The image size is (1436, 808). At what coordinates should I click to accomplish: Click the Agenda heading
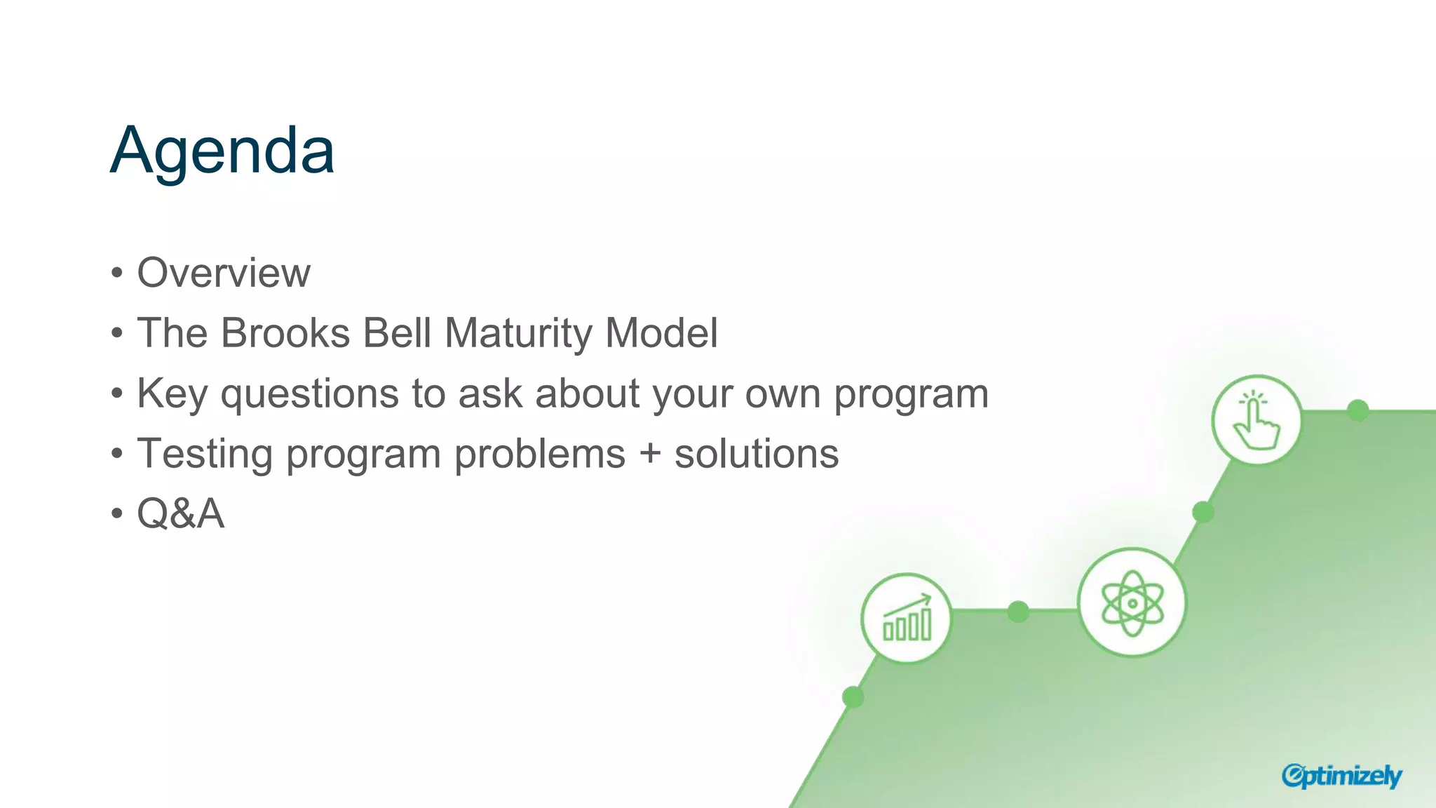222,150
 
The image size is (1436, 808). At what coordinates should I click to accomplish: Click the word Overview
223,273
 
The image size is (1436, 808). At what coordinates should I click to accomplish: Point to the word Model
661,332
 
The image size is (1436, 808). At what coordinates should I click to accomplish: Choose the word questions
309,395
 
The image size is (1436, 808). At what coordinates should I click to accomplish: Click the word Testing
204,454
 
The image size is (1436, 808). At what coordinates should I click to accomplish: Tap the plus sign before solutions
650,454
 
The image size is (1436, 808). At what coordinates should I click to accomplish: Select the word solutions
757,454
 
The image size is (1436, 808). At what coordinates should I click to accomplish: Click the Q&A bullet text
180,514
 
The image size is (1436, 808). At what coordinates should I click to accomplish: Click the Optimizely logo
1341,776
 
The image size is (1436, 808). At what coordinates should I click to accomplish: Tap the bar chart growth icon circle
907,619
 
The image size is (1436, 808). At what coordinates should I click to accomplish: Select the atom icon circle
1132,602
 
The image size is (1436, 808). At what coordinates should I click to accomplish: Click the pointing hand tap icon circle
1256,420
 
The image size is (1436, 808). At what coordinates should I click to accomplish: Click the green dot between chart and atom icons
1018,612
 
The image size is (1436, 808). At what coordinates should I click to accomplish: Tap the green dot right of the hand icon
1358,410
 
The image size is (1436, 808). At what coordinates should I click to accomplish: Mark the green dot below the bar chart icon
853,697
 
